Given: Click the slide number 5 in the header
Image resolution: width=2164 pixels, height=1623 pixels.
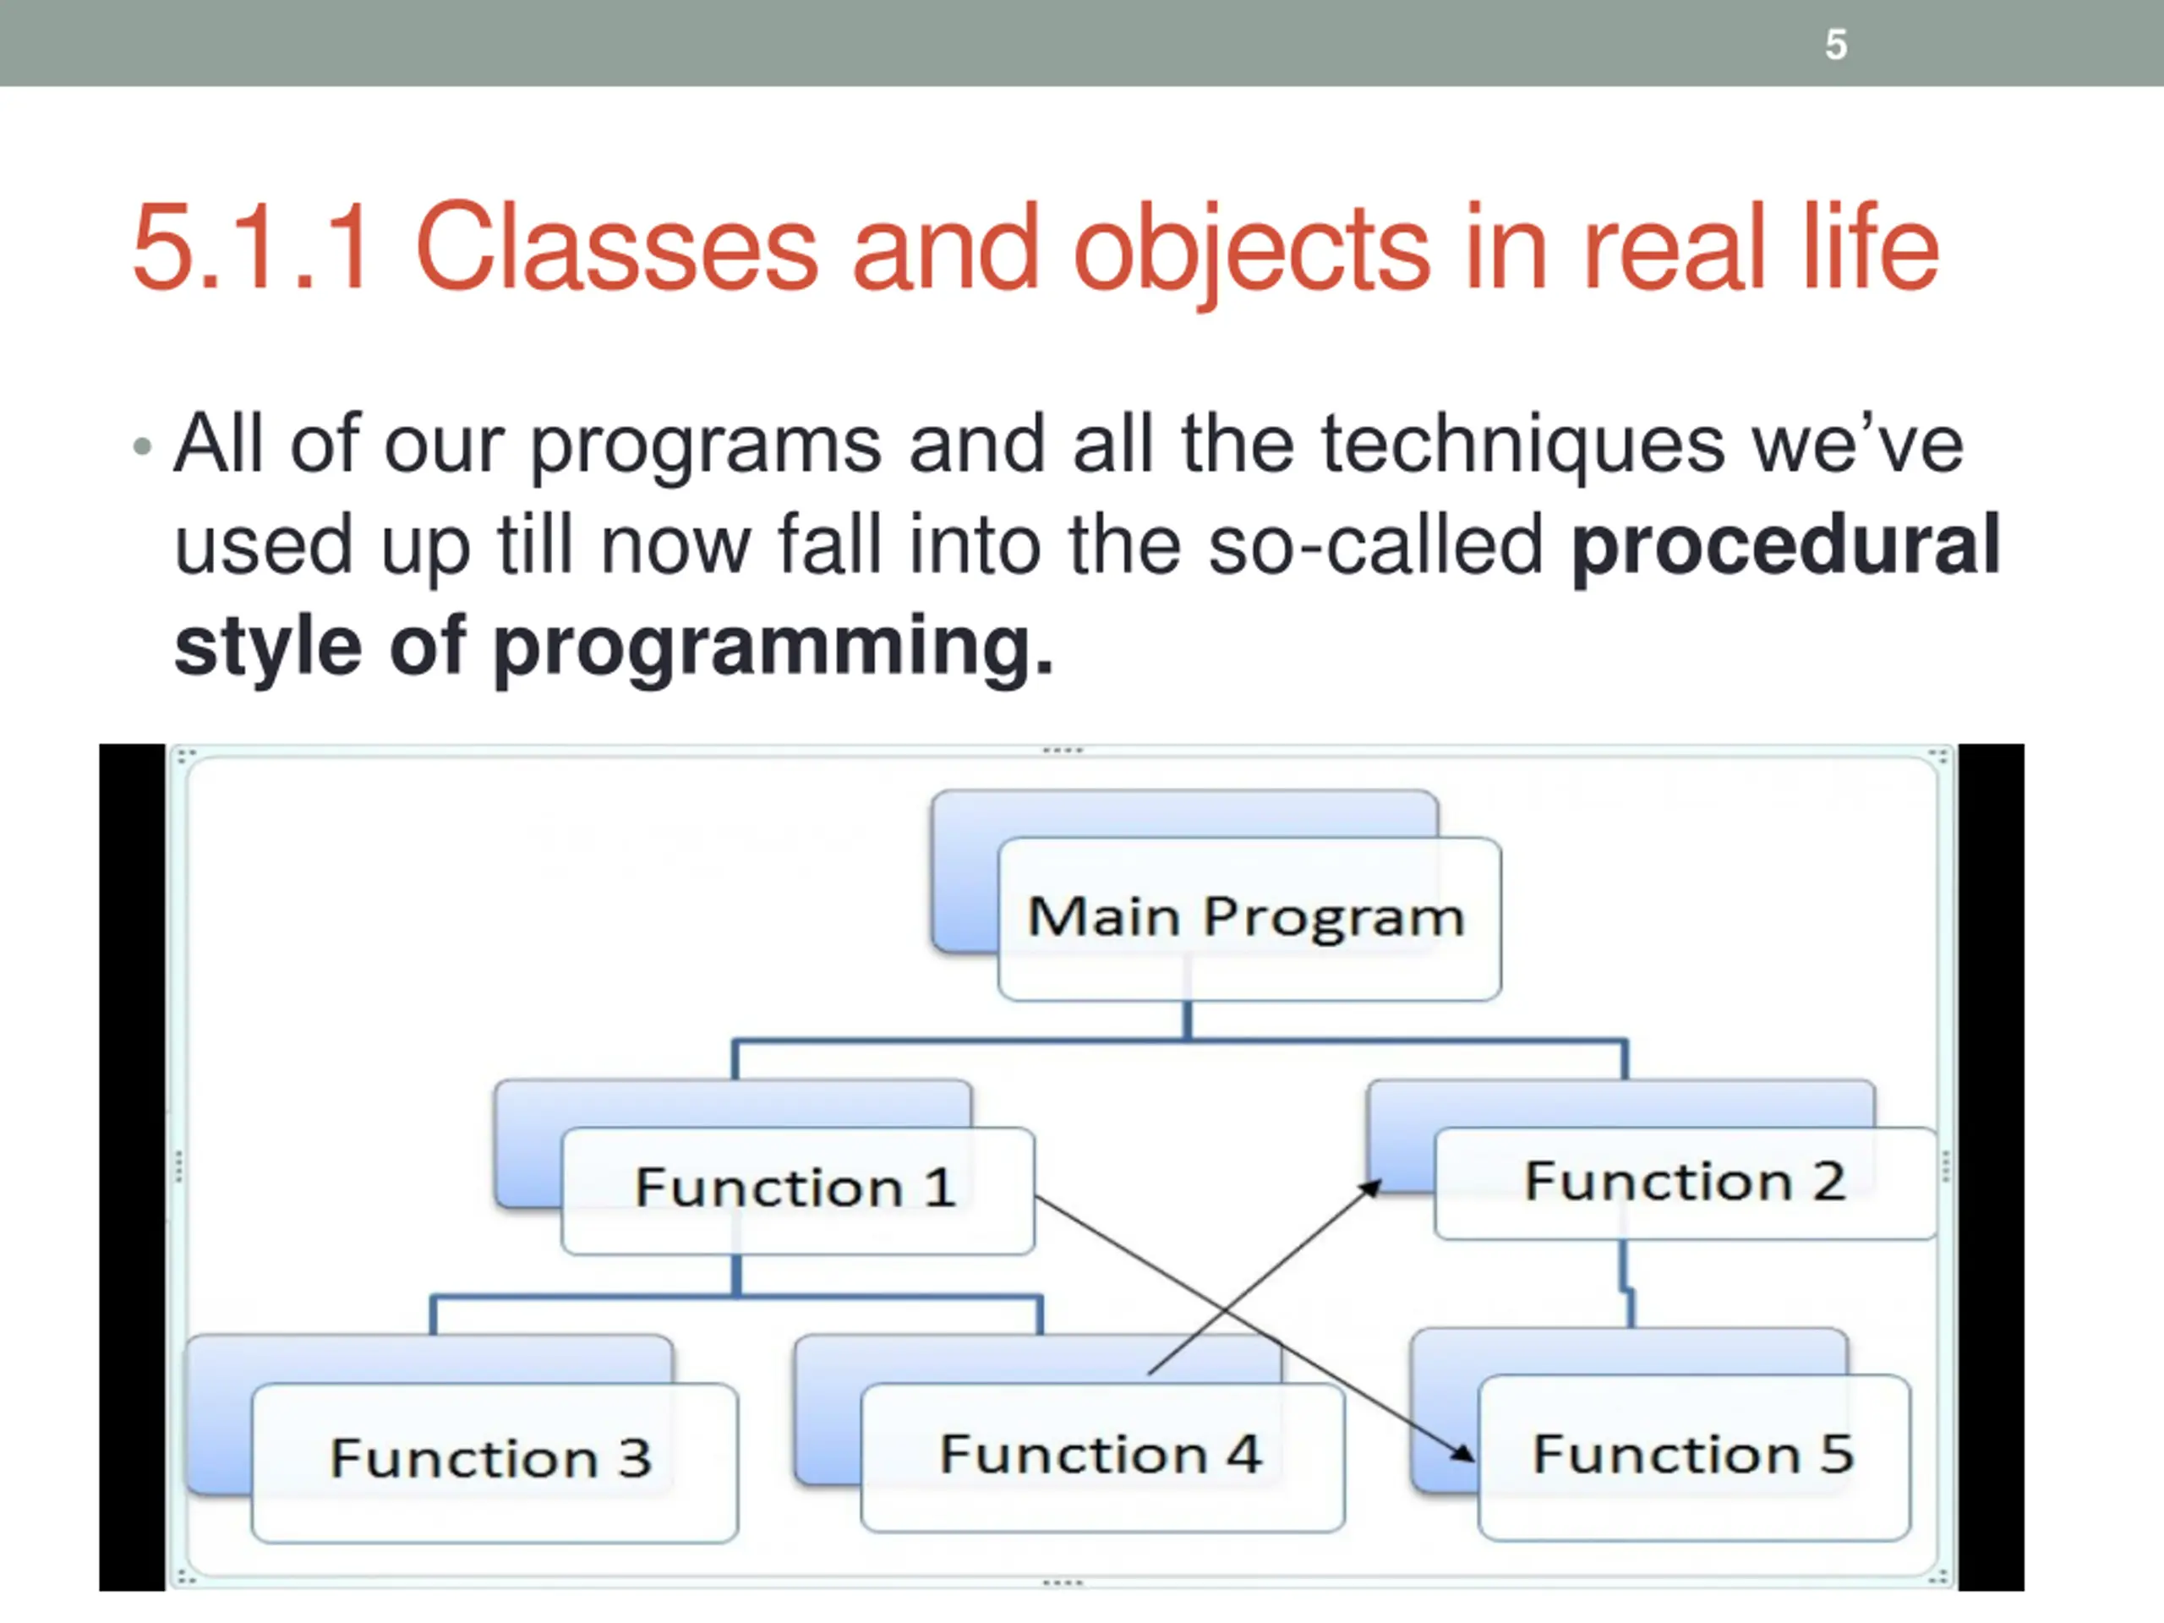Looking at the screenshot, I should point(1835,45).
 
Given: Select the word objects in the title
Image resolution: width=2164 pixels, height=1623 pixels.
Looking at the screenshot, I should point(1252,249).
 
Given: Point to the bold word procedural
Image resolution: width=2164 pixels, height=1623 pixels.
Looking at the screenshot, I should point(1785,545).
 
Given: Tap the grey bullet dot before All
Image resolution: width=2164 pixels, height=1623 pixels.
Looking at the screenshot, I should point(143,447).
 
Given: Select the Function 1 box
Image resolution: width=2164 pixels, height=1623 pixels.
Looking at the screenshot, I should point(796,1189).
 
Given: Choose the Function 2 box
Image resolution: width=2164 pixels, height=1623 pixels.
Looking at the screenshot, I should point(1685,1182).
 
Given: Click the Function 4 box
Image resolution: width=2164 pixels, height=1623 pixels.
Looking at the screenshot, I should point(1101,1455).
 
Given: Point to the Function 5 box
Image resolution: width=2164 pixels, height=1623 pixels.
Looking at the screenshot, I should point(1692,1455).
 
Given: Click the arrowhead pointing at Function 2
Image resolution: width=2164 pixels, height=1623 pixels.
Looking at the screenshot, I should point(1372,1188).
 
